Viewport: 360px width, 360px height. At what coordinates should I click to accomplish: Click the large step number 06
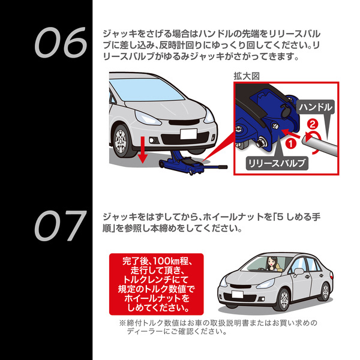click(61, 43)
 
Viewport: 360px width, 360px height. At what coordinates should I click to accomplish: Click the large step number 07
click(61, 226)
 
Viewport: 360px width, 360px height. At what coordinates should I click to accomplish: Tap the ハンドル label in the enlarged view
click(316, 107)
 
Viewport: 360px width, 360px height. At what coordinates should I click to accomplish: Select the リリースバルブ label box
click(277, 163)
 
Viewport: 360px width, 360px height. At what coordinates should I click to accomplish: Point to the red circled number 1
click(290, 144)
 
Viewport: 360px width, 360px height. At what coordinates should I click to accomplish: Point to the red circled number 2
click(313, 125)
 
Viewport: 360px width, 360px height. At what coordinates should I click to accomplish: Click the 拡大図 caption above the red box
click(247, 76)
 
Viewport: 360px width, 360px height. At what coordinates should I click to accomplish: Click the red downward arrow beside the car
click(143, 149)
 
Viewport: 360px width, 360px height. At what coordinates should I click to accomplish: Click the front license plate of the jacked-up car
click(188, 134)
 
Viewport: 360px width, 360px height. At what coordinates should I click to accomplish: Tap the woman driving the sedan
click(272, 264)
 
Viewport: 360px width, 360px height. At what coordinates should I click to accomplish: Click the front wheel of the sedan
click(284, 299)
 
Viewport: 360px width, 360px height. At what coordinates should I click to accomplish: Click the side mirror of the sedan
click(298, 272)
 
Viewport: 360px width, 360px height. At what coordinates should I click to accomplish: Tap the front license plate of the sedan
click(238, 295)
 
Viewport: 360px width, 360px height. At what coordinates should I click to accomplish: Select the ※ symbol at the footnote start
click(122, 323)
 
